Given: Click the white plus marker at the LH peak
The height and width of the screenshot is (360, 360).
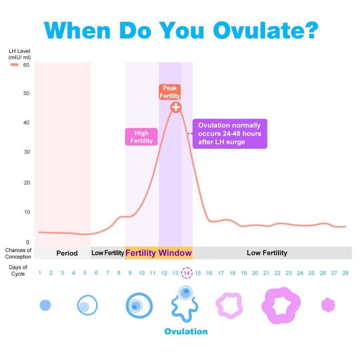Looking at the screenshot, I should tap(176, 107).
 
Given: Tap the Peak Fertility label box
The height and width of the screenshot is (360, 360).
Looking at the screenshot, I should tap(170, 92).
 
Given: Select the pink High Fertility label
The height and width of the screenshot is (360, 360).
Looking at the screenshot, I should tap(141, 137).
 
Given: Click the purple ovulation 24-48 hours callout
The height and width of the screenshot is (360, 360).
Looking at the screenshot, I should tap(230, 134).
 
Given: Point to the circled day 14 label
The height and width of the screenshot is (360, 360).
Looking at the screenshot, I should tap(187, 273).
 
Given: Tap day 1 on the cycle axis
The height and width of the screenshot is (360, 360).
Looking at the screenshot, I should tap(40, 273).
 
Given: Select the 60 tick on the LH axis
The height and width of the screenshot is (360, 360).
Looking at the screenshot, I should tap(26, 65).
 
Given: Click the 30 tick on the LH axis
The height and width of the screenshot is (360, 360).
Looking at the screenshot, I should tap(26, 152).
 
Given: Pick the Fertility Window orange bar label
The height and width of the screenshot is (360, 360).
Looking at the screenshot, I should tap(159, 253).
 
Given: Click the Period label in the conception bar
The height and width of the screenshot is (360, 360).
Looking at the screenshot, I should tap(67, 253).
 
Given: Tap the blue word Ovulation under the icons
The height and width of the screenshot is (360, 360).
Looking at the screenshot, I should tap(186, 332).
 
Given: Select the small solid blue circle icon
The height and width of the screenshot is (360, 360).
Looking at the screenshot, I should tap(45, 305).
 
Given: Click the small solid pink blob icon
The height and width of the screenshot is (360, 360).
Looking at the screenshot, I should tap(328, 305).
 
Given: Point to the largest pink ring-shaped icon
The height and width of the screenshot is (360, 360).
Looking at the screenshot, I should tap(281, 305).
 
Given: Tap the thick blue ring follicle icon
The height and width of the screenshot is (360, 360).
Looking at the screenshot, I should tap(139, 306).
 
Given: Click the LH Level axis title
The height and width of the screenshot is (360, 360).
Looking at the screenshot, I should tap(19, 54).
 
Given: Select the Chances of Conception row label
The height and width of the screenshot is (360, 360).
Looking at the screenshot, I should tap(18, 253).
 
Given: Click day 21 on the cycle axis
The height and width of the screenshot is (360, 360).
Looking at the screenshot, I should tap(266, 273).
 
